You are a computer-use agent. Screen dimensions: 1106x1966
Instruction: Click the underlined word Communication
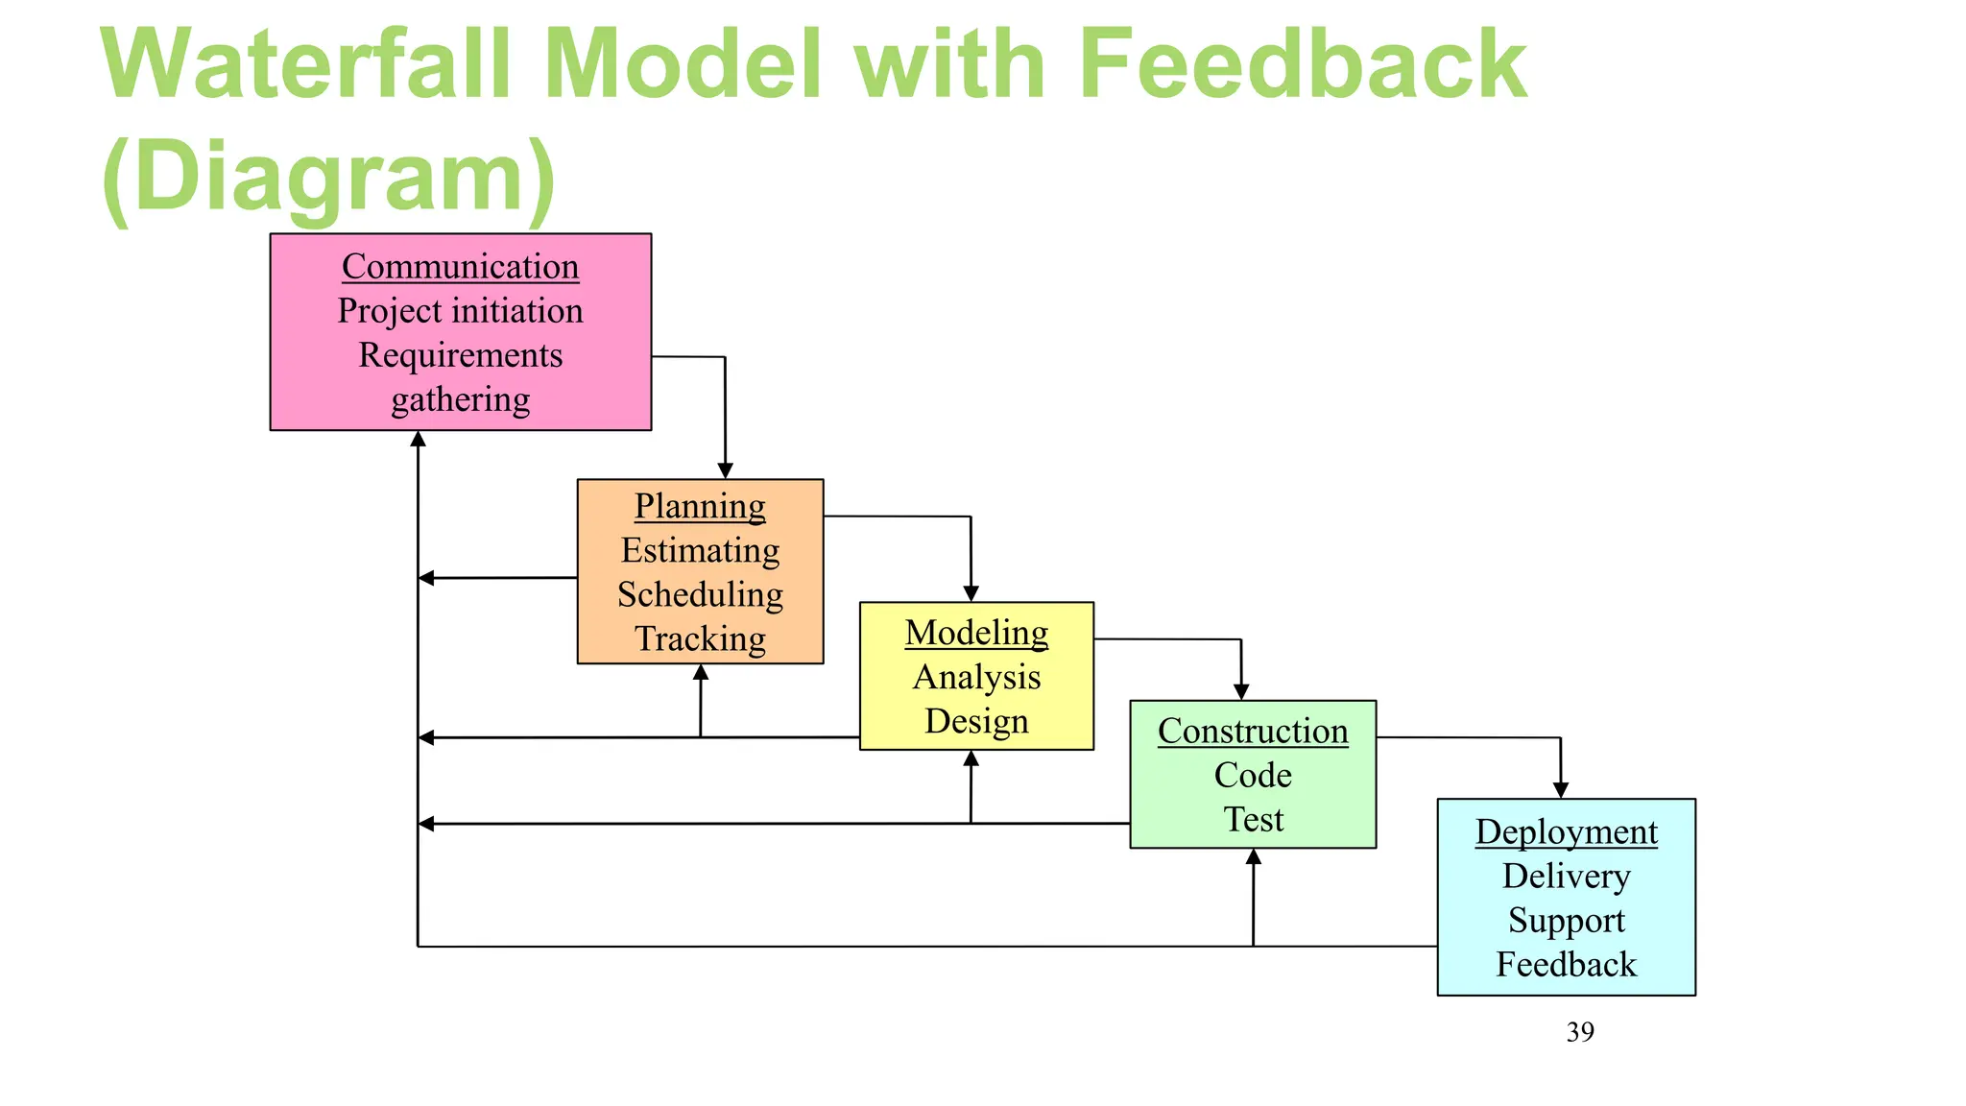[460, 267]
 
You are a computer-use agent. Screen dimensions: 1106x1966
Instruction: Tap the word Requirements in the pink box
[460, 355]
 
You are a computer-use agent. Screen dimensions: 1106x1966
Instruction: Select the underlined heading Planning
[700, 506]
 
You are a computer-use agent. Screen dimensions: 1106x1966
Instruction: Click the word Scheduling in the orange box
[700, 594]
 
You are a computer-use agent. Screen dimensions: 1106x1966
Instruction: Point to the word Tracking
[700, 638]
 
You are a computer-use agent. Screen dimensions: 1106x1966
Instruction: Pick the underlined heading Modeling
[976, 633]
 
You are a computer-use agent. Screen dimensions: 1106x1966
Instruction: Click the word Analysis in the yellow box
[976, 677]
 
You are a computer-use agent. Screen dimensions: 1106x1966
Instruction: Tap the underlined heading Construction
[1253, 732]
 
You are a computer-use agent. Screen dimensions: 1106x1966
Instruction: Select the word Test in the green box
[1253, 820]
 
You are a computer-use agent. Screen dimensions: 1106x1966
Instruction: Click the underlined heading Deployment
[1566, 832]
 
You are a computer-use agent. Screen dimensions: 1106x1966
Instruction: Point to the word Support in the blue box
[1566, 921]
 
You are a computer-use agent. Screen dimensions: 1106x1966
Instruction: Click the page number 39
[1580, 1032]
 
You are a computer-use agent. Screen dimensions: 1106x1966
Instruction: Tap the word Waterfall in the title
[307, 65]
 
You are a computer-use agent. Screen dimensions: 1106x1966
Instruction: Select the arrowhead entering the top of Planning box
[726, 470]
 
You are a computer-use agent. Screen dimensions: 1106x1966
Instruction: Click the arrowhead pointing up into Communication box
[418, 440]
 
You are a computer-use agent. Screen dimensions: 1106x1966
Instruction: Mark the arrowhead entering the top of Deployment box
[1561, 790]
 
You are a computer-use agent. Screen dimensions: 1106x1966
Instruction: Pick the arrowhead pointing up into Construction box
[1253, 857]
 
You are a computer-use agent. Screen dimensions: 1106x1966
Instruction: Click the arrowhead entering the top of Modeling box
[971, 593]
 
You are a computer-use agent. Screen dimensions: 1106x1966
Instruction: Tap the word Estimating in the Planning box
[700, 550]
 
